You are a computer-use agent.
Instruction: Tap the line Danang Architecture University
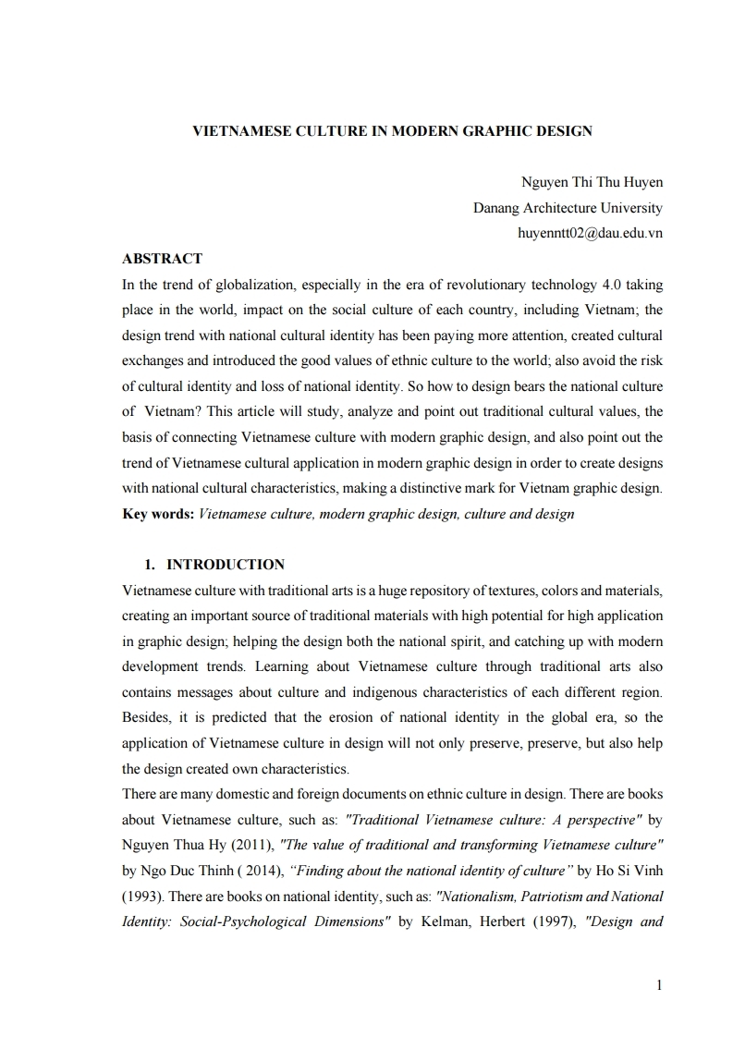[568, 208]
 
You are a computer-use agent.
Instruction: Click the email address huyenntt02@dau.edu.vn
[590, 233]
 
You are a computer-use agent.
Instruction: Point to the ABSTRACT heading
[162, 258]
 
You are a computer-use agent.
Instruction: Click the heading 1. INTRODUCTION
[214, 564]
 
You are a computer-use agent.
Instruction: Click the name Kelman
[446, 921]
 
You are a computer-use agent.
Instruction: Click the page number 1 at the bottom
[659, 985]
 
